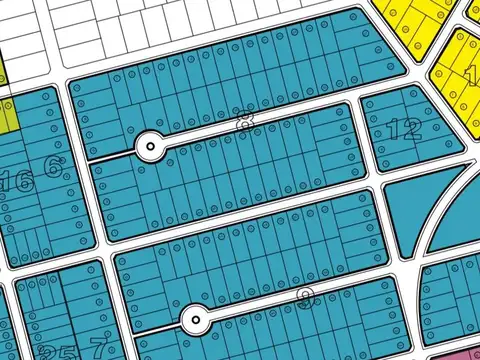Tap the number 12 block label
click(404, 129)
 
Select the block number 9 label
click(306, 297)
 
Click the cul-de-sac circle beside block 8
click(150, 146)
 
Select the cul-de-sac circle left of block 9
click(195, 320)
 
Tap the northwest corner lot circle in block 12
click(370, 103)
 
